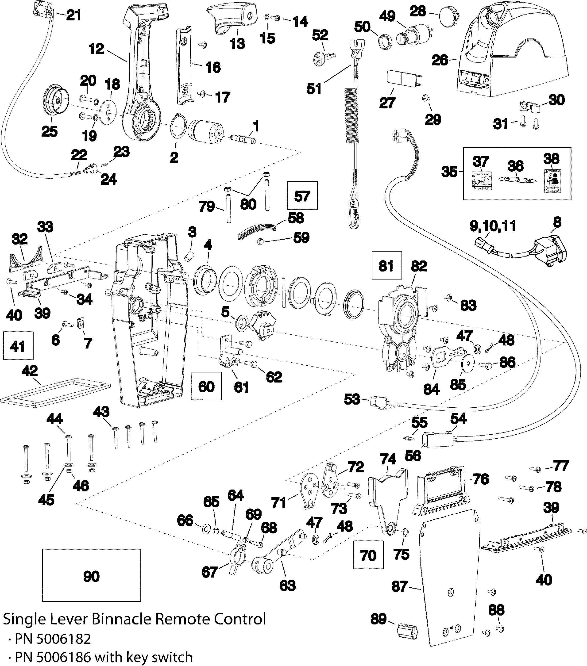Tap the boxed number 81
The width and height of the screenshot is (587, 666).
[386, 266]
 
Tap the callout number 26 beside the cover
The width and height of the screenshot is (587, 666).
[440, 60]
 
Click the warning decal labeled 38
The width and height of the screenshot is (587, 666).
[552, 181]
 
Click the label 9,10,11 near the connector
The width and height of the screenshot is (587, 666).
[492, 226]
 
